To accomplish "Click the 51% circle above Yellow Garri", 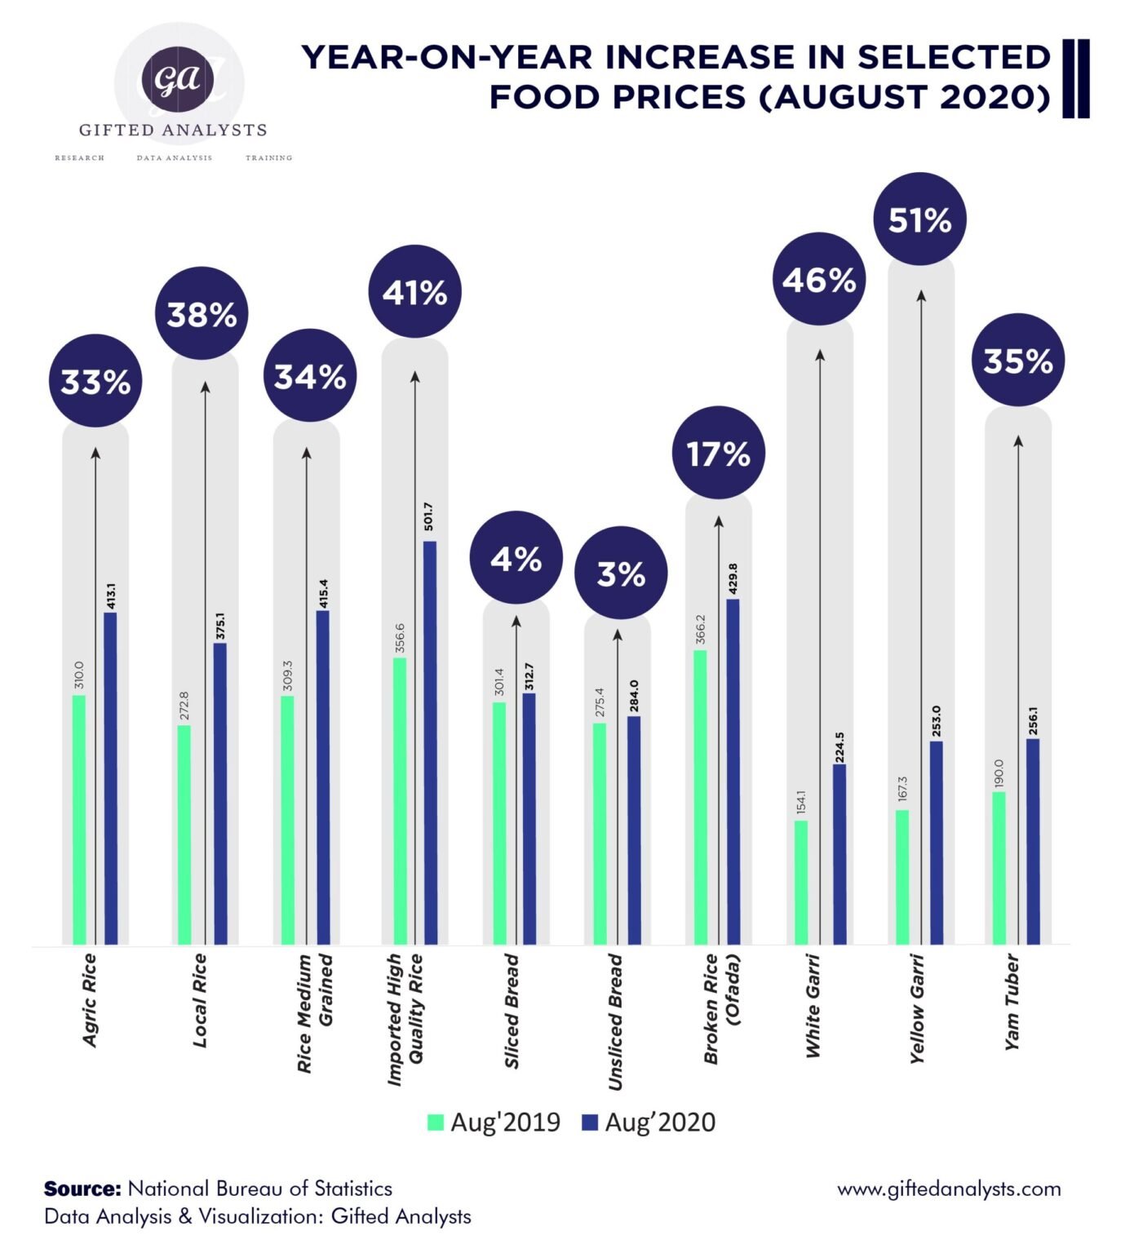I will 919,219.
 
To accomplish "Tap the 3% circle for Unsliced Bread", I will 621,573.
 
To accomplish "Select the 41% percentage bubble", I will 414,291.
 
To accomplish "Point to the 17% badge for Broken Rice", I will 718,453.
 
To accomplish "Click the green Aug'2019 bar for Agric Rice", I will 79,820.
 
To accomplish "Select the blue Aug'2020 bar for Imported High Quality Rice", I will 429,742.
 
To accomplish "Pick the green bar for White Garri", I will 800,882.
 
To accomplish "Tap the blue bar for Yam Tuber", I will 1033,841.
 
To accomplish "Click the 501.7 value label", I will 429,517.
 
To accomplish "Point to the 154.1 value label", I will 800,803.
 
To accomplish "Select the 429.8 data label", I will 733,578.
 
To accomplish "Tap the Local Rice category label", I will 199,1000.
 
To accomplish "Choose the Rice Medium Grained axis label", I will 315,1012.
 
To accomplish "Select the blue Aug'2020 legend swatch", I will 590,1122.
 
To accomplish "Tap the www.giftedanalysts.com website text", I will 949,1189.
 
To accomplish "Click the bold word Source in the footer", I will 82,1189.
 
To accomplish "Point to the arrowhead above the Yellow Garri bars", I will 921,295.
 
